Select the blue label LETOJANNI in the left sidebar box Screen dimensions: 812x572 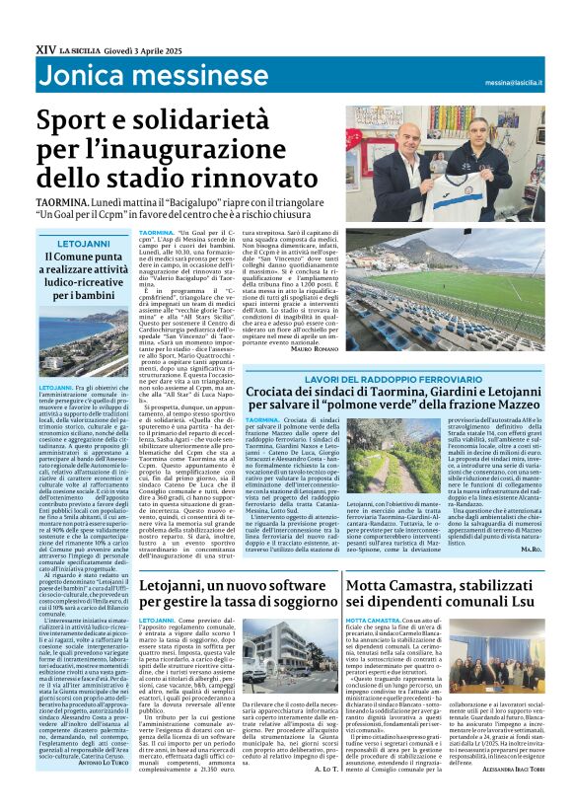[x=82, y=241]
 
